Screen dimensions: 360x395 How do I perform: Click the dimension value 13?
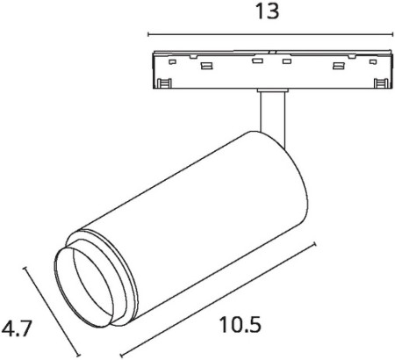269,11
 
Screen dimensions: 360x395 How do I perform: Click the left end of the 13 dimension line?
147,36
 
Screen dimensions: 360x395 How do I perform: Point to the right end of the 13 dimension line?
391,36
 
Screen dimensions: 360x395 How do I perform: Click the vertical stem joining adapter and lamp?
271,114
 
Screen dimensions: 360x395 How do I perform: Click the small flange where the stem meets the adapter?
271,90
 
